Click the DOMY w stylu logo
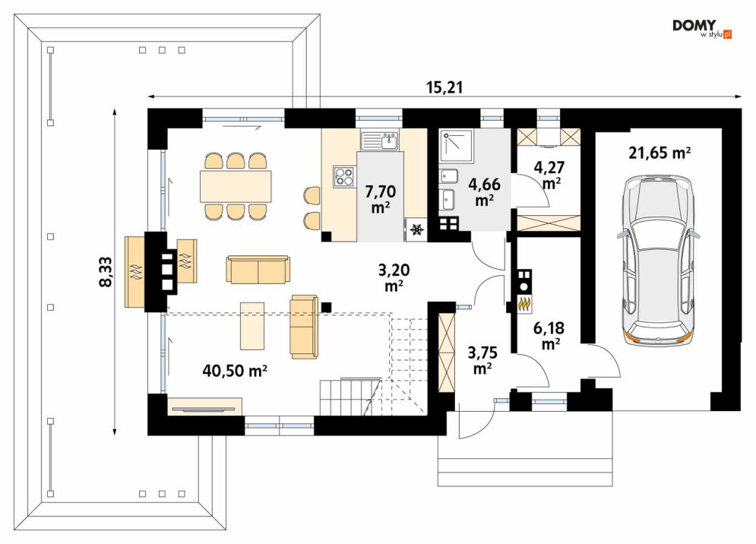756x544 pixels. click(701, 28)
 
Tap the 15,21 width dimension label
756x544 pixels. click(445, 87)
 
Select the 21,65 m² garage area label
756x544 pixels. click(659, 153)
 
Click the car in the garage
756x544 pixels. click(658, 258)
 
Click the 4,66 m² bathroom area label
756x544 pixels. click(484, 192)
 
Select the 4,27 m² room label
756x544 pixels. click(547, 174)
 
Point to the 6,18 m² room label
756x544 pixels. click(547, 335)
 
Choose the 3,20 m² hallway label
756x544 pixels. click(394, 277)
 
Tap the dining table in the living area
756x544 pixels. click(236, 186)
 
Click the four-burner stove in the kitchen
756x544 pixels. click(343, 177)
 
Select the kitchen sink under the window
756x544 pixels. click(379, 140)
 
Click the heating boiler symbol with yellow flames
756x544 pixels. click(524, 305)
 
